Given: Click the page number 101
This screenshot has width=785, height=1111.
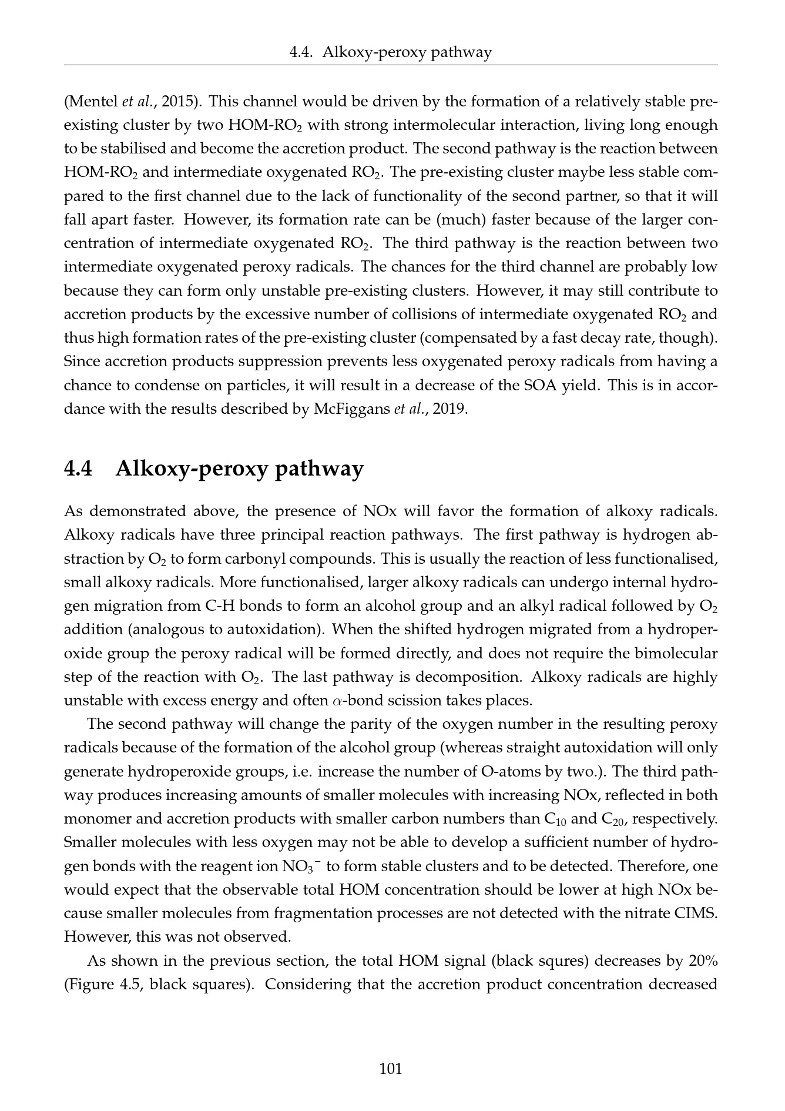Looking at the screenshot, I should point(391,1068).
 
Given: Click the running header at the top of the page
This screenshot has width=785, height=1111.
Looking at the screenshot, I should point(391,53).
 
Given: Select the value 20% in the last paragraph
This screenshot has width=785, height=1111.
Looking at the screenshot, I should point(702,961).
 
